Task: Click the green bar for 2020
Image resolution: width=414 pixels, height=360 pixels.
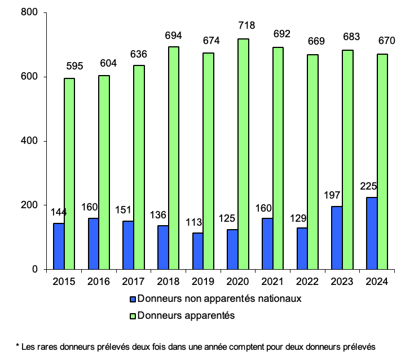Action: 244,154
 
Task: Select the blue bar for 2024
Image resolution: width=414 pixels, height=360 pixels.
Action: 372,233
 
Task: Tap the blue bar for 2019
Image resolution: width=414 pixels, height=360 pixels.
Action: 197,251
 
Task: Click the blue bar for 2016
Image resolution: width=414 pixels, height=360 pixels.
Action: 94,244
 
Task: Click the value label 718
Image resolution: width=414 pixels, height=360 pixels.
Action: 246,25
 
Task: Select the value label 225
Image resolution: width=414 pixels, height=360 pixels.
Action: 369,187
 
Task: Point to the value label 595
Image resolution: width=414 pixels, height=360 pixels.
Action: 73,67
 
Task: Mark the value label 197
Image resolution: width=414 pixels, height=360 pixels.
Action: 334,195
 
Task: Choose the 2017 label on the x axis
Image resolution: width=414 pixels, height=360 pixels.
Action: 134,282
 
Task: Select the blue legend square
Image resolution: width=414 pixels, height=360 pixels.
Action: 133,300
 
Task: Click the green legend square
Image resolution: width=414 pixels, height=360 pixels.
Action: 133,316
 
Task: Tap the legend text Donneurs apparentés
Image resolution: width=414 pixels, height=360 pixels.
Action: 186,315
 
